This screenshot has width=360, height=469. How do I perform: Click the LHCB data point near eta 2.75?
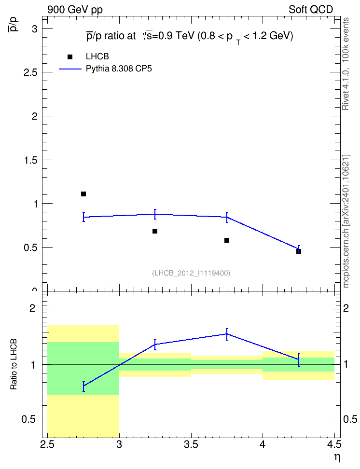[83, 194]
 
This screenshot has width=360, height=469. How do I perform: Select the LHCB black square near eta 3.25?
[155, 231]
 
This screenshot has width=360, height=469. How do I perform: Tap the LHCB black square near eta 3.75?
[227, 240]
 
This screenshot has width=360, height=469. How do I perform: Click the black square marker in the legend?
[70, 57]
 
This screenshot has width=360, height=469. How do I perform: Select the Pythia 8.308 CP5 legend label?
[119, 69]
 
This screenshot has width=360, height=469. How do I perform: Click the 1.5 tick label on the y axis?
[30, 160]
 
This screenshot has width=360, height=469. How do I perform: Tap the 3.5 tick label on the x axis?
[191, 445]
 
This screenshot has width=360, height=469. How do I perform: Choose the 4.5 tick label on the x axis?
[334, 445]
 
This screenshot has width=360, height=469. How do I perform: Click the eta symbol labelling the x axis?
[337, 457]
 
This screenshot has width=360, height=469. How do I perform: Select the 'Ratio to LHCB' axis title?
[14, 364]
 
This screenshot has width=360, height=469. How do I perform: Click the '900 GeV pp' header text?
[75, 10]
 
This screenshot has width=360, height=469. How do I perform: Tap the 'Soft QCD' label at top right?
[311, 10]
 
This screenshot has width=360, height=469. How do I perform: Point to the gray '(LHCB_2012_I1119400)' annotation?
[191, 273]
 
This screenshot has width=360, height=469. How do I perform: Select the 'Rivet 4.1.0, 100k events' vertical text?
[346, 64]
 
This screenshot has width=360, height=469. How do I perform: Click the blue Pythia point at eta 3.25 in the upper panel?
[155, 214]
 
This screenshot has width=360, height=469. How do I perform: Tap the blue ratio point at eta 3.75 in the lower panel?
[227, 334]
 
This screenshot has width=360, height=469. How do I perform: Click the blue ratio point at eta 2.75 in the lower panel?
[83, 386]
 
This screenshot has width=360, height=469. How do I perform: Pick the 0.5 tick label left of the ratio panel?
[28, 419]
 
